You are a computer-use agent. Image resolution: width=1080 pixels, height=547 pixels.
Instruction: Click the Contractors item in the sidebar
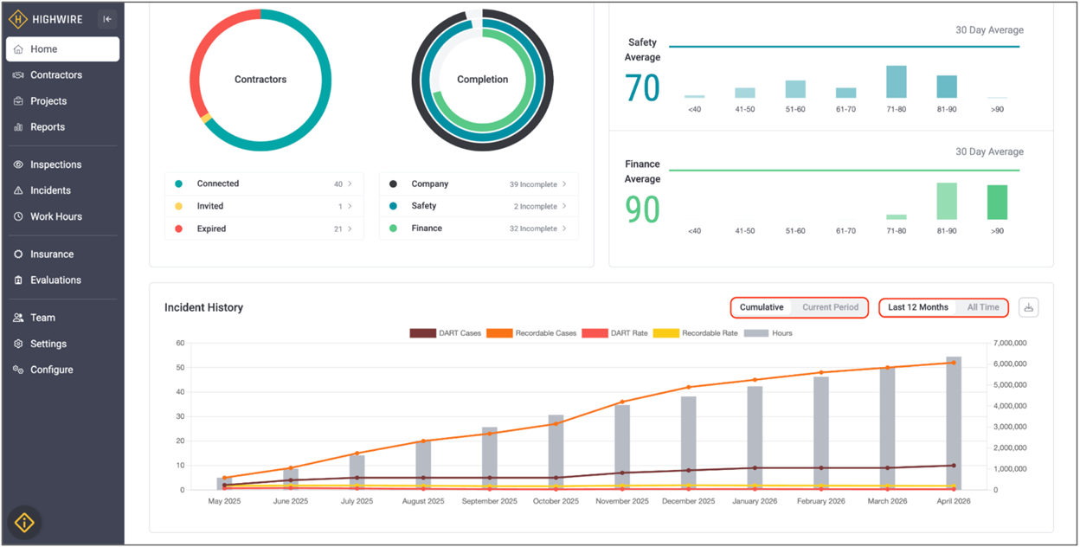[56, 74]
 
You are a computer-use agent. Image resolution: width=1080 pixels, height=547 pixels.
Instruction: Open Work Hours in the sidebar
[56, 216]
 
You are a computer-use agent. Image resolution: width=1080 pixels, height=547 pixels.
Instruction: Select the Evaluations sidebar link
[55, 280]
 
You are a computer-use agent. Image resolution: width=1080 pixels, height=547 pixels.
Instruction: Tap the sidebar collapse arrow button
[107, 19]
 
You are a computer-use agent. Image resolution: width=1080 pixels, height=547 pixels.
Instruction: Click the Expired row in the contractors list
[264, 228]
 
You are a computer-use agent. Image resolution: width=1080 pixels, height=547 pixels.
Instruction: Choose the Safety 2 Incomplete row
[479, 206]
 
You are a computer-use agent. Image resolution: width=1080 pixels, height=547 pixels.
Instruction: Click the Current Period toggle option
[830, 307]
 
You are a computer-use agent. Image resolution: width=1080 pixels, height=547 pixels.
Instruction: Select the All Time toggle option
[983, 307]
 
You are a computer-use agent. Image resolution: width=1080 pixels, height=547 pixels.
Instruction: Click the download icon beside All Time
[1028, 308]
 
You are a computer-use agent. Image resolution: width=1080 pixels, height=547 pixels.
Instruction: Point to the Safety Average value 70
[642, 88]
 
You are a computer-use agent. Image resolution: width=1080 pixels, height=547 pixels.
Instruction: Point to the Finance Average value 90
[642, 209]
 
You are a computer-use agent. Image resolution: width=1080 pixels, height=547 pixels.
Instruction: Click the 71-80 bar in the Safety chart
[897, 82]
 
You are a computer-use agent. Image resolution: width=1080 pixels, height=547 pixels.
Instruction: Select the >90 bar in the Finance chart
[997, 203]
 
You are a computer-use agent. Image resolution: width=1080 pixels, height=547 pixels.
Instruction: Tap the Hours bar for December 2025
[689, 443]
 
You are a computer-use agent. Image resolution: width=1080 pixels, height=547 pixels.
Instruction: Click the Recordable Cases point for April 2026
[954, 363]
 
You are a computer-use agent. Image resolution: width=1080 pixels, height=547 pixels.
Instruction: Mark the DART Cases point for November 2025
[622, 473]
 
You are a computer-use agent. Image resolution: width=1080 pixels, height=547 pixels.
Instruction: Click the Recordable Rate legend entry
[695, 333]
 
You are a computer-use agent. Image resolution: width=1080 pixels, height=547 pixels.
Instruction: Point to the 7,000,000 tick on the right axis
[1010, 343]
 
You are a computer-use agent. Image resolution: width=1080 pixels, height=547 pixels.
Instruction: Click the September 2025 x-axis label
[490, 501]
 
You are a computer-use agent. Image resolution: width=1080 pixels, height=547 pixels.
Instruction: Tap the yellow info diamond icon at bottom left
[24, 523]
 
